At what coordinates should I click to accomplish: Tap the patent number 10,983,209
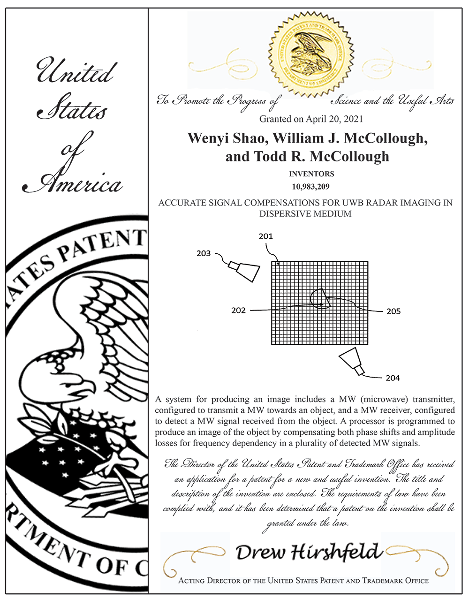tap(310, 187)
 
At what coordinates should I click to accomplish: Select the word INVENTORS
tap(311, 174)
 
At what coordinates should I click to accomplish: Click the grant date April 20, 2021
tap(334, 119)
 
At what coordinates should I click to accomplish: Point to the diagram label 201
tap(265, 236)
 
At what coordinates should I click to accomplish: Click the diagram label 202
tap(238, 311)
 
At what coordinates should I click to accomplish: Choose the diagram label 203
tap(204, 253)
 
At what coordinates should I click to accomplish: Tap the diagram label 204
tap(393, 378)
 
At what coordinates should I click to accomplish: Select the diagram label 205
tap(393, 311)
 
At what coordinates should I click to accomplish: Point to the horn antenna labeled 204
tap(351, 361)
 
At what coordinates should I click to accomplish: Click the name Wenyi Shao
tap(228, 138)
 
